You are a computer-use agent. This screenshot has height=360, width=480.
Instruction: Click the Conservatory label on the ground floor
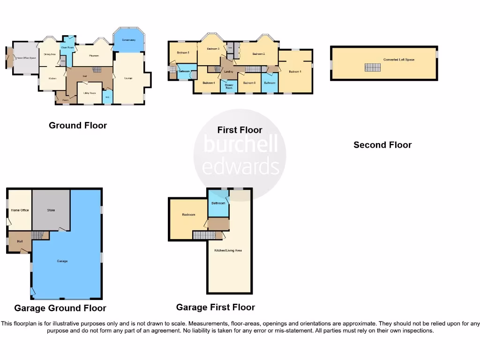pyautogui.click(x=128, y=40)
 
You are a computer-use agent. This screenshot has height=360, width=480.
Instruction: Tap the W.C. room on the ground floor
pyautogui.click(x=107, y=97)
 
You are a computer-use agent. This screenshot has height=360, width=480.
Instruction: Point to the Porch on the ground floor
pyautogui.click(x=66, y=99)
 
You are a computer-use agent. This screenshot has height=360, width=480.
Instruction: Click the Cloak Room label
pyautogui.click(x=67, y=47)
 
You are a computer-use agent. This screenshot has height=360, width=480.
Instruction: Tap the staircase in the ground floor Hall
pyautogui.click(x=96, y=70)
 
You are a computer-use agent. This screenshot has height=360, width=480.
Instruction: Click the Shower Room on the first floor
pyautogui.click(x=229, y=87)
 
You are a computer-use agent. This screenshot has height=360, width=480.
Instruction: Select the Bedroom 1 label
pyautogui.click(x=295, y=71)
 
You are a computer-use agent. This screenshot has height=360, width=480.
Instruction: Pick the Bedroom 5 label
pyautogui.click(x=182, y=52)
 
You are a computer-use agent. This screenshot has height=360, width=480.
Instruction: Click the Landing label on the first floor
pyautogui.click(x=229, y=71)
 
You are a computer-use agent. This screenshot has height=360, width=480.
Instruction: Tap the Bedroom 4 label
pyautogui.click(x=208, y=83)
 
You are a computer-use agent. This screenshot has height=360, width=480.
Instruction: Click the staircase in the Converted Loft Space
pyautogui.click(x=373, y=67)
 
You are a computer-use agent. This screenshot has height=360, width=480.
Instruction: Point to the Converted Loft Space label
pyautogui.click(x=398, y=60)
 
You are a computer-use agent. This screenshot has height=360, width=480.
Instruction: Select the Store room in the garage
pyautogui.click(x=51, y=210)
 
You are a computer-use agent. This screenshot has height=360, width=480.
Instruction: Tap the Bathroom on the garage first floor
pyautogui.click(x=218, y=203)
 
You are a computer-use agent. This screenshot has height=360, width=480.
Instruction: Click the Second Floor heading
pyautogui.click(x=382, y=145)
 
